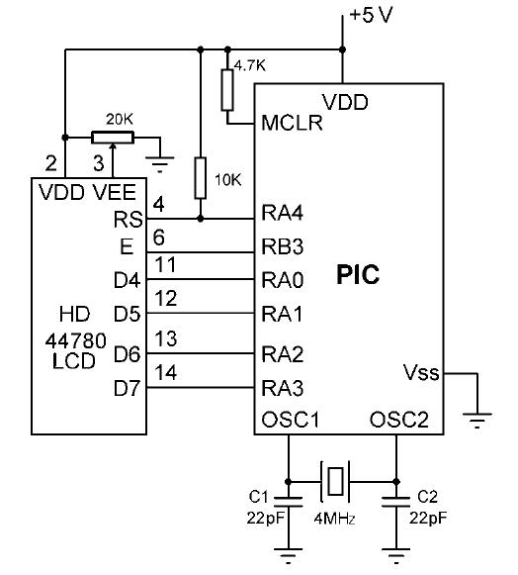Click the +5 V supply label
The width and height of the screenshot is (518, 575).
click(371, 16)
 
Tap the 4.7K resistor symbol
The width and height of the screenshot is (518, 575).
click(227, 90)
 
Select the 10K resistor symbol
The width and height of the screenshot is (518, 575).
click(200, 178)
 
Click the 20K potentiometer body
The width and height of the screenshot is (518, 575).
click(113, 138)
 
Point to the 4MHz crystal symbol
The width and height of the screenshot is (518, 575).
click(335, 481)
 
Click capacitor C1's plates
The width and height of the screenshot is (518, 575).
click(289, 502)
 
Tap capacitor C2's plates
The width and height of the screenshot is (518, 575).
click(395, 502)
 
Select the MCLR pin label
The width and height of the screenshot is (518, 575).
click(292, 123)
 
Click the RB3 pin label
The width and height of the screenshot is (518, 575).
click(283, 246)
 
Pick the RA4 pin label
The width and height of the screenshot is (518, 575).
click(283, 213)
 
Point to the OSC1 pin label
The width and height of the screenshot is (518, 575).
click(290, 420)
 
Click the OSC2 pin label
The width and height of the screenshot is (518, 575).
click(399, 420)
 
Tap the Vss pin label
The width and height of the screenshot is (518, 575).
click(421, 372)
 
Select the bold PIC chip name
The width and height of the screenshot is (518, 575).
click(358, 275)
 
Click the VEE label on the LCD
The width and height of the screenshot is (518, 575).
click(115, 192)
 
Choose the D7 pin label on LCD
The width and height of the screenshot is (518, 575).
click(127, 388)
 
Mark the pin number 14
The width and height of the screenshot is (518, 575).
click(166, 372)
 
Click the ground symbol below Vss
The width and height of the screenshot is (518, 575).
click(476, 421)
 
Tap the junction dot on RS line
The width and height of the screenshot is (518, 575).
click(200, 219)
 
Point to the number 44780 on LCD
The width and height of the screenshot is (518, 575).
click(76, 341)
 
